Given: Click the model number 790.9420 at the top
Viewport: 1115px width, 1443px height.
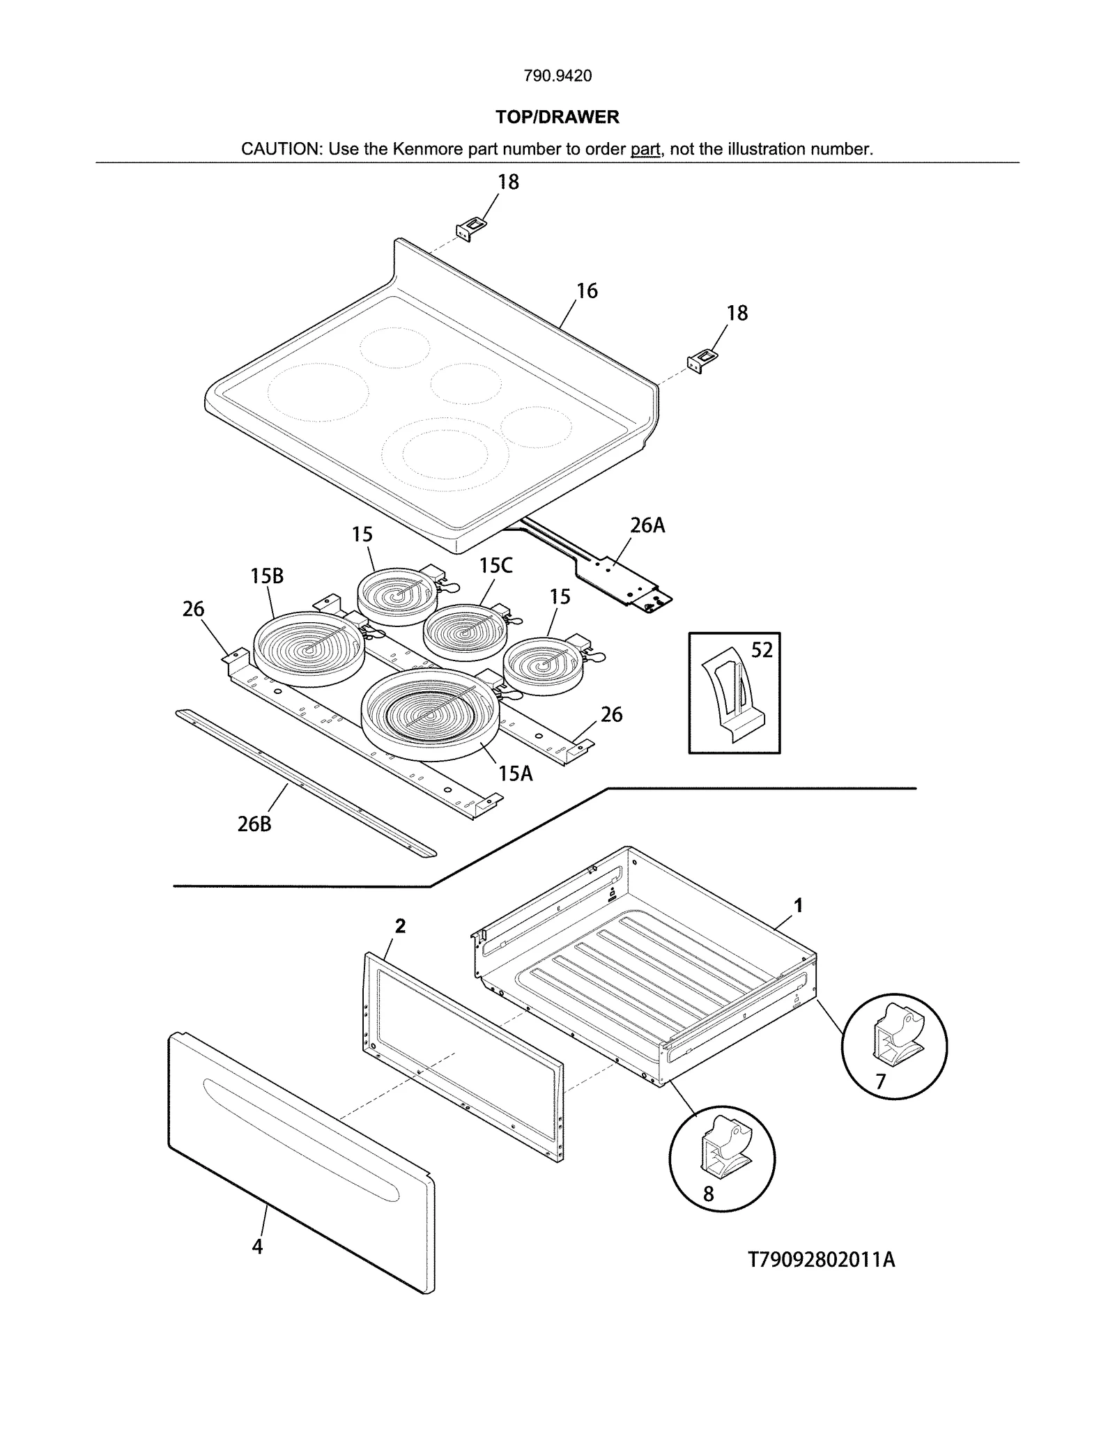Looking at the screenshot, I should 557,76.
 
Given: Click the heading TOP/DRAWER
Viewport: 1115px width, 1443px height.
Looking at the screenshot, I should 557,117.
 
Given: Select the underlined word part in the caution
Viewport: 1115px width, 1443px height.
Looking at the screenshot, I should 645,149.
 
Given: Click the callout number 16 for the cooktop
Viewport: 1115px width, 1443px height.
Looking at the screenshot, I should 587,291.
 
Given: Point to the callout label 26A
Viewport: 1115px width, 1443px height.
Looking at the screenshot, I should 647,525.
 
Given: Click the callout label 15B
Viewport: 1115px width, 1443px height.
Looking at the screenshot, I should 267,576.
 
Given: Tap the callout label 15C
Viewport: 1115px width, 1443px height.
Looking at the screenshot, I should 495,566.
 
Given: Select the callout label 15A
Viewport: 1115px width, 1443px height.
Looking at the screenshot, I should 515,773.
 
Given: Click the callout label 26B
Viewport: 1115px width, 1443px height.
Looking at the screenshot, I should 254,824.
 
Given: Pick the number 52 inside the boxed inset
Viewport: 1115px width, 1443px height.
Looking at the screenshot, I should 762,650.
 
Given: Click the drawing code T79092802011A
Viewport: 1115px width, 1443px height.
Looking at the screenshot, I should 821,1260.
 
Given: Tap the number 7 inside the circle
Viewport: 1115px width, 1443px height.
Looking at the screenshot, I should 881,1081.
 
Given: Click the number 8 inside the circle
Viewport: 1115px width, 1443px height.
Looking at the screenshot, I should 708,1194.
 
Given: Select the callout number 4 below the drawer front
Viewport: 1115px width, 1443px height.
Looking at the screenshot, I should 257,1247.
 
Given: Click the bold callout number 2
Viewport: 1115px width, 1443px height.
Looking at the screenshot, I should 400,926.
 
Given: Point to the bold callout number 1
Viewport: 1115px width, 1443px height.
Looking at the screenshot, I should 799,906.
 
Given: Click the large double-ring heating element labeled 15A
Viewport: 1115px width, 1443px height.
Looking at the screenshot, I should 429,714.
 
